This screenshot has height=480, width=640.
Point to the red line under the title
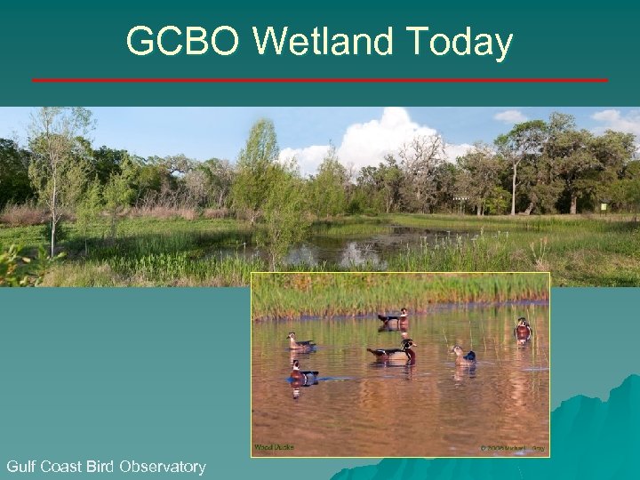(320, 80)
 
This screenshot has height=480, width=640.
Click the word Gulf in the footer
(21, 466)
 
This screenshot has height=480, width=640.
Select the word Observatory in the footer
(163, 466)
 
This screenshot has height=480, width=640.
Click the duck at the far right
(523, 331)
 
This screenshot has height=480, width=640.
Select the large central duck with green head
(394, 351)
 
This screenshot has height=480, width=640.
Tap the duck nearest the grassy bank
(392, 316)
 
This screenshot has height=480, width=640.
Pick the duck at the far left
(300, 341)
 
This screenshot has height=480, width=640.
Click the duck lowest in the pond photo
(302, 373)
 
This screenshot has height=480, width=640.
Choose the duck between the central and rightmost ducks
(463, 355)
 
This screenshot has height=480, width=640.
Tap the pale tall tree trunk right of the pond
(515, 187)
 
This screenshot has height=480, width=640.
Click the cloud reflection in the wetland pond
(360, 255)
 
